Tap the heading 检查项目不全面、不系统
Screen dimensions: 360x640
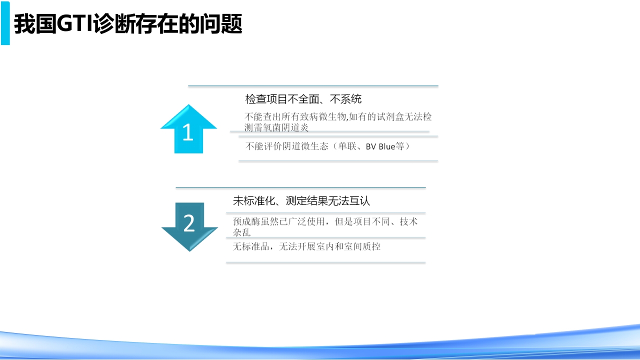tap(303, 99)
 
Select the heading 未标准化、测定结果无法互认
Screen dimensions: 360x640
tap(301, 201)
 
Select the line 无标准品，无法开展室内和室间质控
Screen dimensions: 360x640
tap(306, 246)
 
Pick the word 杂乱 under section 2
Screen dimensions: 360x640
tap(241, 232)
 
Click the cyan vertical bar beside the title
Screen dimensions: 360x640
tap(5, 23)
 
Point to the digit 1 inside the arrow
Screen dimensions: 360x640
tap(187, 133)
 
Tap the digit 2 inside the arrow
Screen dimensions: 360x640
tap(189, 223)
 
